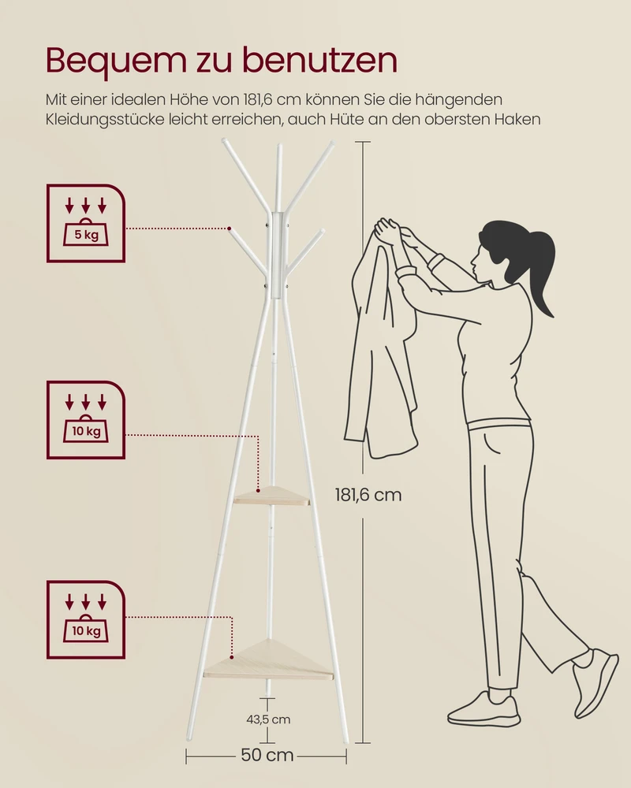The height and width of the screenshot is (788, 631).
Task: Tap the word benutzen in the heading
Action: click(320, 60)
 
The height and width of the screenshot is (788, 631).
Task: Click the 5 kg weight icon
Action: click(85, 223)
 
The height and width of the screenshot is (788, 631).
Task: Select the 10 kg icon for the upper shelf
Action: click(85, 420)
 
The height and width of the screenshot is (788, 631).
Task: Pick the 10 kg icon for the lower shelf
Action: click(85, 619)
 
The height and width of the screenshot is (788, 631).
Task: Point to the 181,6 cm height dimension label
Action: click(368, 495)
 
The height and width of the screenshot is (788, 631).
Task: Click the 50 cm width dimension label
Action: click(267, 755)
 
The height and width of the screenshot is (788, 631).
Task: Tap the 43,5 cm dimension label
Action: click(268, 719)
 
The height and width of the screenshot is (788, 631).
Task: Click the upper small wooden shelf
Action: click(271, 496)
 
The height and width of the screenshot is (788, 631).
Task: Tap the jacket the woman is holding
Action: click(382, 342)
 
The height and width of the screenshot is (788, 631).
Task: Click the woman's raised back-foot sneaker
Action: click(596, 682)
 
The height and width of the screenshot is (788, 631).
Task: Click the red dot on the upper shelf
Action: click(258, 490)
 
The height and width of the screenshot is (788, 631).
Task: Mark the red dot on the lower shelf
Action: click(231, 657)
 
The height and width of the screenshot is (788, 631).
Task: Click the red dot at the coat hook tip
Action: click(229, 229)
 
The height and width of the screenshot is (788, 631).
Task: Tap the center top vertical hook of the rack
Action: click(278, 178)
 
